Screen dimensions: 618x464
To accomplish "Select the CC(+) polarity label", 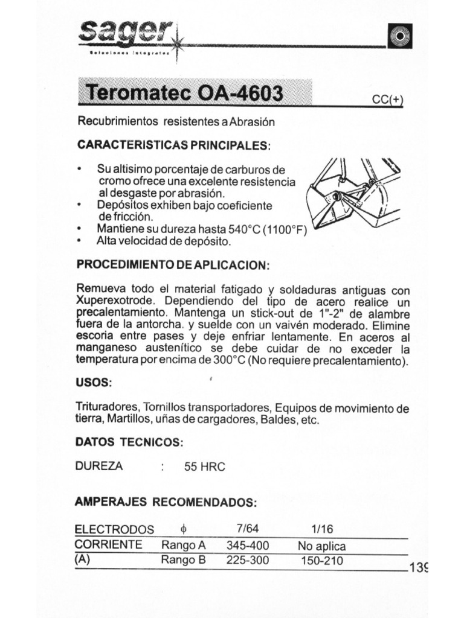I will point(387,100).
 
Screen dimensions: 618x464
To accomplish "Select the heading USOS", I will point(93,383).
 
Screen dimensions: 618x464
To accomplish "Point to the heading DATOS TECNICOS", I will point(129,442).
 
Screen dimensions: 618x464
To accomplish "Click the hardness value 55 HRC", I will point(204,467).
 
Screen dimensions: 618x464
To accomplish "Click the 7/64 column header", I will point(248,529).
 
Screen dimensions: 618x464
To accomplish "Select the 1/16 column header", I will point(318,529).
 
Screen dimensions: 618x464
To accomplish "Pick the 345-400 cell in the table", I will point(248,546).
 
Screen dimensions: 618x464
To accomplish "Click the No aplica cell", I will point(322,546).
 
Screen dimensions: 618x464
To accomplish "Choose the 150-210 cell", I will point(322,561).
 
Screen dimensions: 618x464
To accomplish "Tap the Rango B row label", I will point(184,560).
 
